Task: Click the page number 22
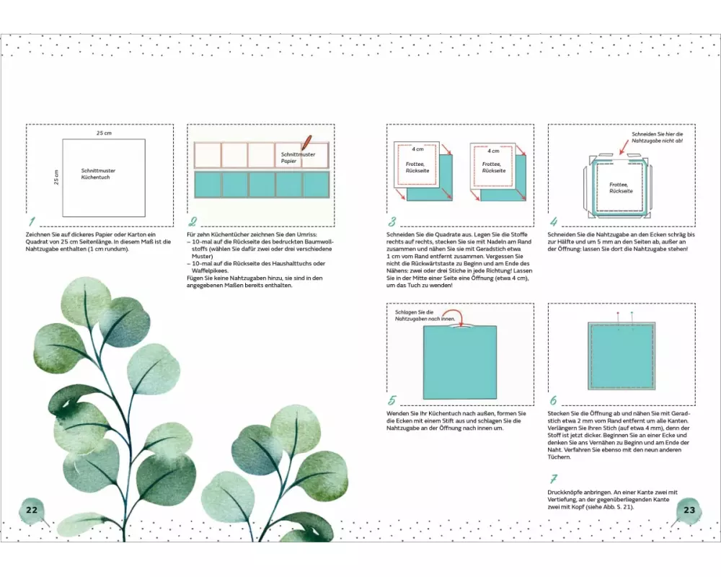pos(32,510)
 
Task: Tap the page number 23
pos(689,510)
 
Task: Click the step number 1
pos(32,221)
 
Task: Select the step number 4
pos(554,221)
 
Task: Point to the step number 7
pos(553,478)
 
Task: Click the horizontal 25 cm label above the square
pos(104,133)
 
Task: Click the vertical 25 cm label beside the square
pos(56,177)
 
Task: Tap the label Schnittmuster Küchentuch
pos(98,174)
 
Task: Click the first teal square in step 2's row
pos(208,185)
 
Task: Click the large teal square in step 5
pos(460,363)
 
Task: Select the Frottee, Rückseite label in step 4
pos(621,188)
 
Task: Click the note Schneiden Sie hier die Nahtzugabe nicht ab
pos(657,137)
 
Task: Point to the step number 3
pos(392,221)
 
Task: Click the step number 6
pos(554,400)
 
